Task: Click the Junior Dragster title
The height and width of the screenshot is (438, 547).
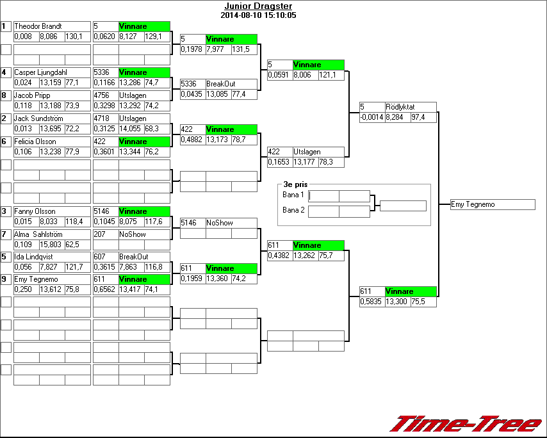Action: pyautogui.click(x=258, y=6)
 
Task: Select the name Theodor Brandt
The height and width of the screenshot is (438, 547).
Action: pyautogui.click(x=38, y=26)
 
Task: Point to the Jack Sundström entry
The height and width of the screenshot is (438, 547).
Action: pyautogui.click(x=38, y=118)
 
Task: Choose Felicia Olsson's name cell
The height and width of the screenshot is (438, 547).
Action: pyautogui.click(x=35, y=142)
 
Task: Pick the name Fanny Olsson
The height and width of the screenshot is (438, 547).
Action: pyautogui.click(x=35, y=211)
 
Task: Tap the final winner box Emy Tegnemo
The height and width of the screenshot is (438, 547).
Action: pyautogui.click(x=493, y=205)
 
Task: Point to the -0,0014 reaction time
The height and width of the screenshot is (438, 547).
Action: pyautogui.click(x=371, y=118)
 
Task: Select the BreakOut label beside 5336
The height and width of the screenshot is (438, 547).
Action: pyautogui.click(x=220, y=84)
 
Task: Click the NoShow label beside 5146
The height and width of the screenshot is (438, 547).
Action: pyautogui.click(x=219, y=223)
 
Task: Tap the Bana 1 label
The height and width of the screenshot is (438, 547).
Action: pyautogui.click(x=293, y=194)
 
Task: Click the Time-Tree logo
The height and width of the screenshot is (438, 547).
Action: pyautogui.click(x=466, y=424)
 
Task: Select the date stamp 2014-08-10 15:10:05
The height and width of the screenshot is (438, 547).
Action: pyautogui.click(x=258, y=15)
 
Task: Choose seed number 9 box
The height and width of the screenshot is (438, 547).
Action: pyautogui.click(x=6, y=279)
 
